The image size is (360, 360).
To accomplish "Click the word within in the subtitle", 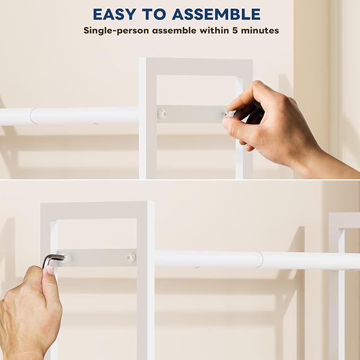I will click(214, 30).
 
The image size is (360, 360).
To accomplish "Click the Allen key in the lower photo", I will click(52, 259).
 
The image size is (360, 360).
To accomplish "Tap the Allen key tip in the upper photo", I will click(228, 113).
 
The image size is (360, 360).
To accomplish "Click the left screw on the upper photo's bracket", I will click(162, 113).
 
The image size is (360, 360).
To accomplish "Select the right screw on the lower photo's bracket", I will click(130, 258).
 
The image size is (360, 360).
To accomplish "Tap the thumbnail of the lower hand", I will click(49, 270).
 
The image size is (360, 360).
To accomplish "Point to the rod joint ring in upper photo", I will click(32, 116).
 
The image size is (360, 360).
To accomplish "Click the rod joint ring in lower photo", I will click(259, 259).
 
